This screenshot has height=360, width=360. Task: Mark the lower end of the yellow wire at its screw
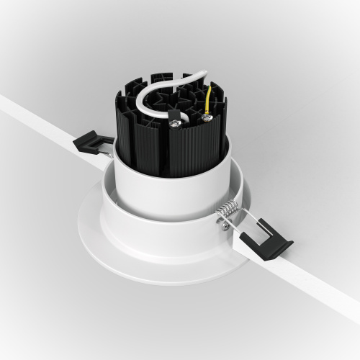tap(207, 113)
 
